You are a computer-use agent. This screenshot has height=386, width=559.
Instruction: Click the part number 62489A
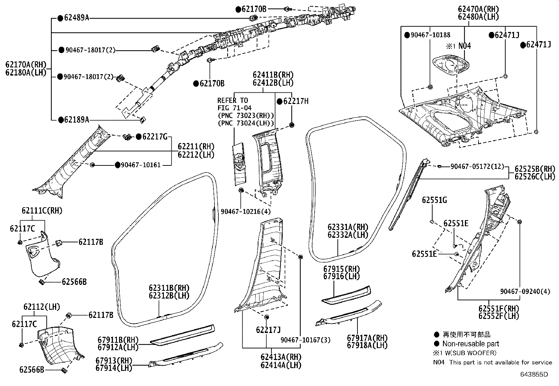tap(76, 18)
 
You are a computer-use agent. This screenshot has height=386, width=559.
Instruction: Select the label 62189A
tap(76, 120)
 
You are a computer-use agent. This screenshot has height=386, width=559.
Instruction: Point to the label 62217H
tap(296, 102)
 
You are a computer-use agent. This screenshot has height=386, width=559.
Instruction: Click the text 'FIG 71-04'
tap(234, 108)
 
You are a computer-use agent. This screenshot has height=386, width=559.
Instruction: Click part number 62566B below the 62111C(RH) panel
tap(74, 282)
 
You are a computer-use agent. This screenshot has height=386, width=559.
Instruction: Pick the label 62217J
tap(268, 330)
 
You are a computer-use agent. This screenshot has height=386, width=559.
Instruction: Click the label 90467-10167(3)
tap(305, 340)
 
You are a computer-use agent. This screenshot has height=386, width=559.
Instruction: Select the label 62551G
tap(434, 200)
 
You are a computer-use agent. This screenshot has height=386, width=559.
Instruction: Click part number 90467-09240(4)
tap(525, 291)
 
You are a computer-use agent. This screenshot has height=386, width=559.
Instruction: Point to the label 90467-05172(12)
tap(477, 166)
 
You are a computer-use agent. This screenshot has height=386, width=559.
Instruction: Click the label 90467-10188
tap(430, 35)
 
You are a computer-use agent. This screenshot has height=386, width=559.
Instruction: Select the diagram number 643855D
tap(534, 374)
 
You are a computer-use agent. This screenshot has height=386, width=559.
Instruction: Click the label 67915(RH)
tap(342, 269)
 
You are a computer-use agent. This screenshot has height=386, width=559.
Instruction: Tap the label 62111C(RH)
tap(42, 211)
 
